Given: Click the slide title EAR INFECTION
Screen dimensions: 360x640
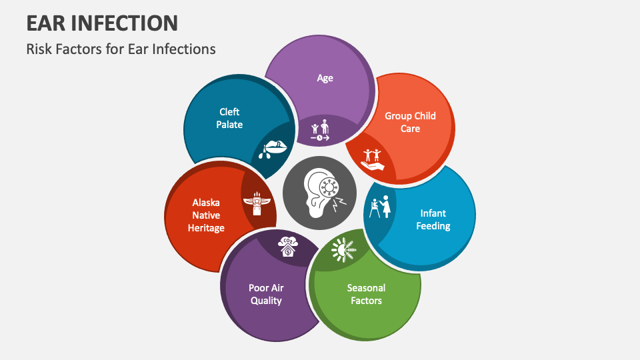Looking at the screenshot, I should (x=102, y=23).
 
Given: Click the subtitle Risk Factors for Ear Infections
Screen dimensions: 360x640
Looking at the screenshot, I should (x=121, y=49).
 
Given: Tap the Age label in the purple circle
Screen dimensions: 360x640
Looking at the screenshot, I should (x=325, y=78).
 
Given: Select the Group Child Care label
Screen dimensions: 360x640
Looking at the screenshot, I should (x=410, y=122).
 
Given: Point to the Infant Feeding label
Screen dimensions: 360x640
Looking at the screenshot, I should (x=433, y=219).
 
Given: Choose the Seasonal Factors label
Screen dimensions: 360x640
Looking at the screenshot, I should (x=366, y=294).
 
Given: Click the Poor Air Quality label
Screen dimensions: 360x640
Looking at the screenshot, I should (x=266, y=294).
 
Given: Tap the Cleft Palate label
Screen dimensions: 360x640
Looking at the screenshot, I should (x=230, y=118).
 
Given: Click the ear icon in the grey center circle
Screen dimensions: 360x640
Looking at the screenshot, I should (x=320, y=194).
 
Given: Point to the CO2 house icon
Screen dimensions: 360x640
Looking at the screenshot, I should (x=289, y=246).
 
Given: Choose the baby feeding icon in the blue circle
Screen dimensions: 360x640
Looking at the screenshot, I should (x=380, y=207).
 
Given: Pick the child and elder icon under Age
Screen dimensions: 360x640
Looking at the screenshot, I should (x=320, y=130).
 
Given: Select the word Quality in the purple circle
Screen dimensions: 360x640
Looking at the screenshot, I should (x=266, y=301).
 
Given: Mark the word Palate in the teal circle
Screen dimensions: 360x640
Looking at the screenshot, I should (x=230, y=125).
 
